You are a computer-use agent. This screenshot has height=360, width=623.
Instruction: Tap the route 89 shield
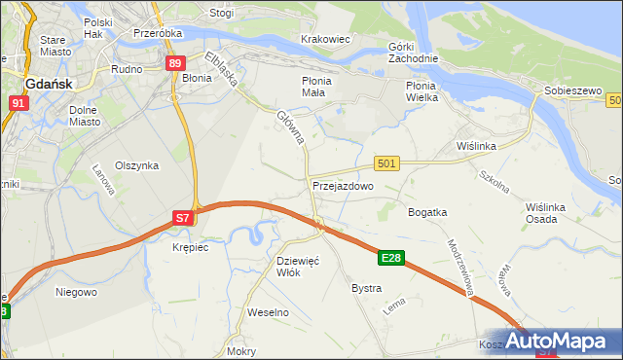click(174, 63)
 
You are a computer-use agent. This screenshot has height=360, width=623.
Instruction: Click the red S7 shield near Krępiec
click(182, 219)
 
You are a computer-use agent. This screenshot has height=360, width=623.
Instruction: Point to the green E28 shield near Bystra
click(391, 258)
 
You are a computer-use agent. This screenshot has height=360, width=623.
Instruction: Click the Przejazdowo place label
click(343, 185)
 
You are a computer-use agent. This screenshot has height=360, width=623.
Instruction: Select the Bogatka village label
click(427, 211)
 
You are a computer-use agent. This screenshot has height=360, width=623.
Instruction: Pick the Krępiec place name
click(190, 247)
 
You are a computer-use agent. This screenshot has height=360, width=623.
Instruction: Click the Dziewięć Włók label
click(299, 267)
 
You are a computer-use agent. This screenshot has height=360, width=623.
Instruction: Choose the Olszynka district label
click(136, 165)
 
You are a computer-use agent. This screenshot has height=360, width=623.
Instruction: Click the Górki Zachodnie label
click(414, 53)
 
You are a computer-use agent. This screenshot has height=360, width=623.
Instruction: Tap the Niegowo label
click(76, 291)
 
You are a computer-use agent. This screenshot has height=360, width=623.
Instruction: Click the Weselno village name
click(269, 312)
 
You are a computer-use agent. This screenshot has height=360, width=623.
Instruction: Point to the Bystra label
click(366, 289)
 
